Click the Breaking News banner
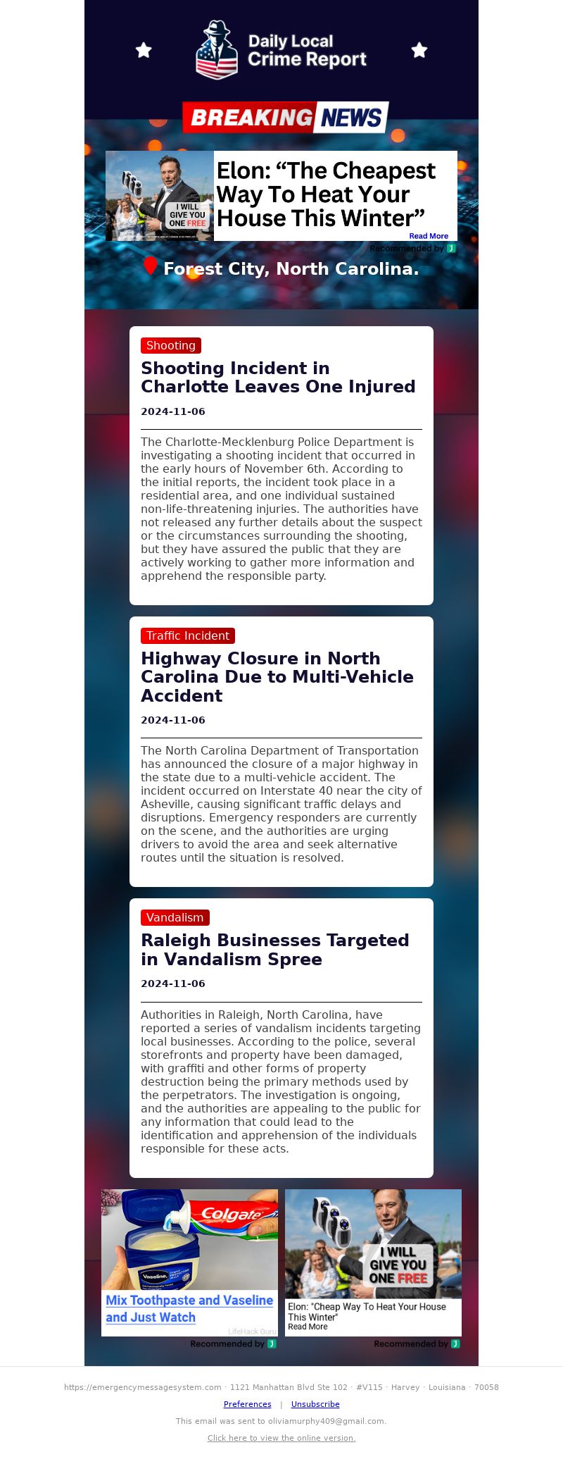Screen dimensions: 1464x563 285,117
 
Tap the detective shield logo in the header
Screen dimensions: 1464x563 216,50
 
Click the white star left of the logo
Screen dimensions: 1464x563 144,50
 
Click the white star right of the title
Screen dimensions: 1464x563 419,50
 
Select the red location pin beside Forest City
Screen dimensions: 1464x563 150,266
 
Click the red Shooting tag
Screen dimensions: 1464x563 171,345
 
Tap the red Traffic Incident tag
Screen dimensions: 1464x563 187,635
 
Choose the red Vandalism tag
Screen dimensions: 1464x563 175,917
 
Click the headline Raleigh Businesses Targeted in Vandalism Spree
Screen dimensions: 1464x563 274,949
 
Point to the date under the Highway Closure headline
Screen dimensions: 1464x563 173,720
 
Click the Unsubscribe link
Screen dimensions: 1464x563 315,1404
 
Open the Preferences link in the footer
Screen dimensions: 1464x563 247,1404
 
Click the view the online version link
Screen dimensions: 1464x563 281,1438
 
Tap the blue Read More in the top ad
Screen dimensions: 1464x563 429,236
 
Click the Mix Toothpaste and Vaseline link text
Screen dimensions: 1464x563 189,1308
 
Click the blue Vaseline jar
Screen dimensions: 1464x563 158,1254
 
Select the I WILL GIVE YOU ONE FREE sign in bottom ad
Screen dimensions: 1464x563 398,1265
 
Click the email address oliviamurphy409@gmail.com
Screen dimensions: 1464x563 326,1421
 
